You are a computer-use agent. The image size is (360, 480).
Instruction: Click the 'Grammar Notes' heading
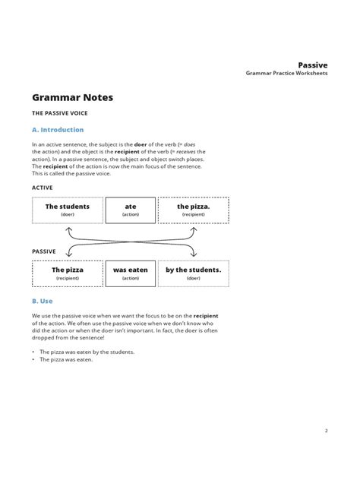tap(74, 98)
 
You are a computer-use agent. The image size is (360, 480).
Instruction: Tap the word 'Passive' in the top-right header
tap(312, 66)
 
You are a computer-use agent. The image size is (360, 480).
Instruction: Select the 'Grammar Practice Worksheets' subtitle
tap(286, 74)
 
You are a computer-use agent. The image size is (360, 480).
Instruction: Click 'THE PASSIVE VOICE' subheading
tap(60, 113)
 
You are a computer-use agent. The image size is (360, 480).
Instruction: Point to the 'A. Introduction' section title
tap(58, 130)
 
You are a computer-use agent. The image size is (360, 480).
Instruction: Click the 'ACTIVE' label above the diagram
tap(43, 187)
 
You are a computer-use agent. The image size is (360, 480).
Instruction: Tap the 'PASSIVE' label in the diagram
tap(45, 251)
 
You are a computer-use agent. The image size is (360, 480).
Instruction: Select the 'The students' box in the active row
tap(67, 210)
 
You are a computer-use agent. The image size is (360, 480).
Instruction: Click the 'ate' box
tap(131, 210)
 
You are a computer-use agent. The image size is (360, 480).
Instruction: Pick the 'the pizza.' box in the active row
tap(193, 210)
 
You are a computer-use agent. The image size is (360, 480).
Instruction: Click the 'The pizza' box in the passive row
tap(67, 273)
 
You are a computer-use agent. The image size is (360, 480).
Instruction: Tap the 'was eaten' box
tap(131, 273)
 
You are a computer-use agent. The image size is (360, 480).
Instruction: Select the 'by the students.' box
tap(193, 273)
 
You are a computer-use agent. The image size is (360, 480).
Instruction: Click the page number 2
tap(326, 431)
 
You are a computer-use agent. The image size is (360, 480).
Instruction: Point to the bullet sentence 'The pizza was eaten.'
tap(66, 359)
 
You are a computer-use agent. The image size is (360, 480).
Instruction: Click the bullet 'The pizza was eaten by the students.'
tap(87, 352)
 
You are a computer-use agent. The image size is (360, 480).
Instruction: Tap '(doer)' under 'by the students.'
tap(193, 279)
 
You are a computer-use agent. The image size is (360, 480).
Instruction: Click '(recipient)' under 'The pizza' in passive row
tap(67, 279)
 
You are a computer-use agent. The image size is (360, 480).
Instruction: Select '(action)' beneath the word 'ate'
tap(131, 215)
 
